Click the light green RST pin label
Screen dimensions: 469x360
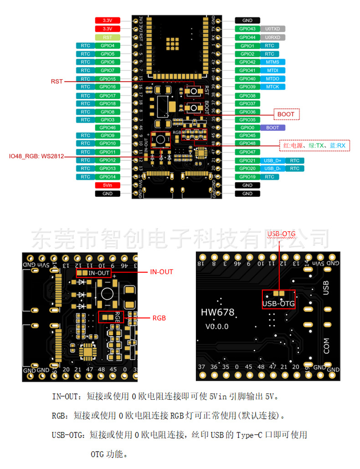click(x=107, y=37)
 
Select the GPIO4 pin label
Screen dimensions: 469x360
click(x=107, y=46)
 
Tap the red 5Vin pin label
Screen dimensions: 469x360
click(x=107, y=185)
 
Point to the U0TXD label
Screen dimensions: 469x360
click(x=273, y=29)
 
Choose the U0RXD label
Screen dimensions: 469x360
click(x=273, y=37)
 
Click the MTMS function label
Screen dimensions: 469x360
click(x=273, y=62)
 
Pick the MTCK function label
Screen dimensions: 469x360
click(x=273, y=87)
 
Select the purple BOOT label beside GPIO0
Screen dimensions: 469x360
click(x=273, y=127)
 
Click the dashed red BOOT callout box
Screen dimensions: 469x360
click(x=286, y=114)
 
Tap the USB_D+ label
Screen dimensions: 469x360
click(x=272, y=160)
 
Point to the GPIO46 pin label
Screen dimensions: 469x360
click(x=107, y=127)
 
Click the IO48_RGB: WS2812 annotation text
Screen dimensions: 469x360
click(x=36, y=156)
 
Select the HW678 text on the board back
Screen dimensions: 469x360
click(x=217, y=312)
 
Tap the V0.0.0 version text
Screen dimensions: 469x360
click(x=216, y=326)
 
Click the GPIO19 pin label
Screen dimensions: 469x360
click(x=247, y=177)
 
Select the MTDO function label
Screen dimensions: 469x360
click(x=273, y=78)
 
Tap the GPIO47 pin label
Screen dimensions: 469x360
click(x=247, y=152)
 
